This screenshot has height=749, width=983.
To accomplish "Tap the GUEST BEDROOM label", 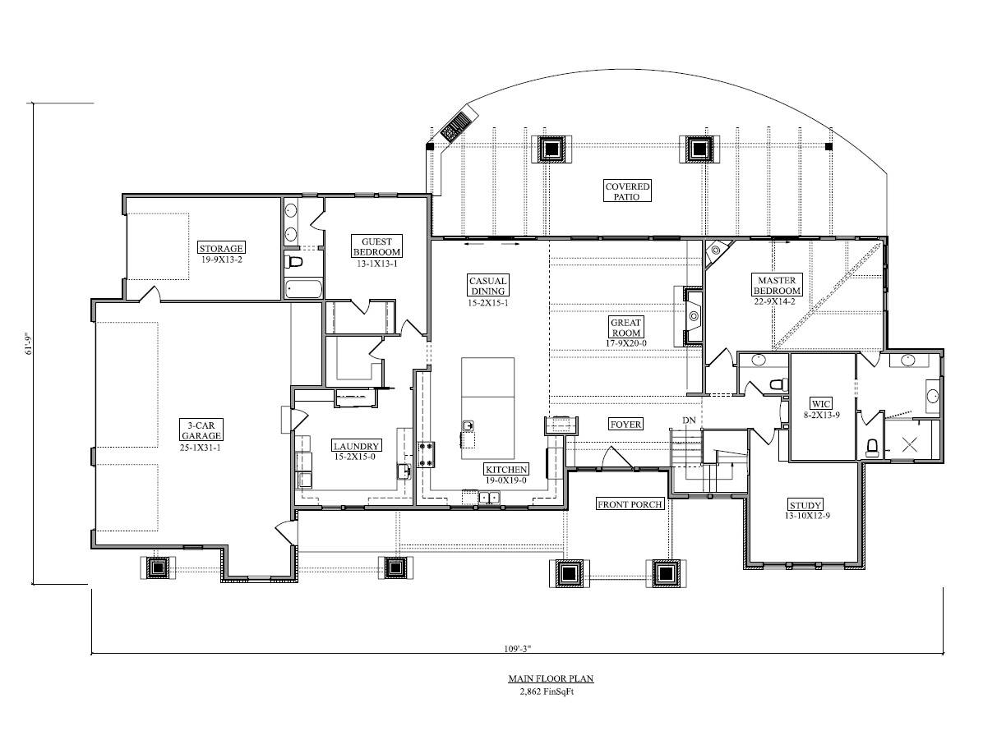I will [x=376, y=246].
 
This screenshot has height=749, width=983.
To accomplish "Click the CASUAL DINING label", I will [x=487, y=286].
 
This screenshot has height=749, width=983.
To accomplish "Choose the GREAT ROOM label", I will [x=626, y=328].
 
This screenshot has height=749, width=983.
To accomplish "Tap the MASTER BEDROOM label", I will [x=777, y=285].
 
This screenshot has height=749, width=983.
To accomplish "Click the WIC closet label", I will [x=820, y=404].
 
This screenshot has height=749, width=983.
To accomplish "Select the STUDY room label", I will [x=805, y=504].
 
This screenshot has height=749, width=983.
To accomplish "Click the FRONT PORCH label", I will [x=630, y=504].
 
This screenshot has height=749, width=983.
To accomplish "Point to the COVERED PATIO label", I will [x=628, y=191].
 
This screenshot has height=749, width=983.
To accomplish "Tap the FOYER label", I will [x=625, y=425].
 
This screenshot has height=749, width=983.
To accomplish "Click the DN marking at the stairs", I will [x=689, y=421].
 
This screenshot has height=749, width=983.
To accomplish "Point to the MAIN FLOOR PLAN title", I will [x=550, y=679].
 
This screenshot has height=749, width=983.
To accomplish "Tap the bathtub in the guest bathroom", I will [x=303, y=288].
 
